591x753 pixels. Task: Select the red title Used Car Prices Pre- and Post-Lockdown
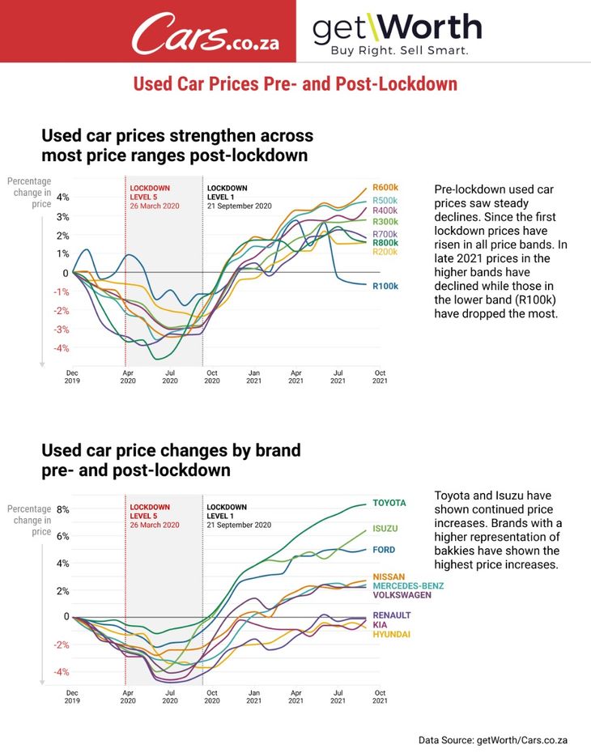pos(295,84)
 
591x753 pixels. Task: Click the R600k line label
pos(385,188)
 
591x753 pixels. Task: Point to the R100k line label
pos(385,286)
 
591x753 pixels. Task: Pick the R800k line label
pos(385,243)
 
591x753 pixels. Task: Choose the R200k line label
pos(385,253)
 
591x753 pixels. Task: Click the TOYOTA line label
pos(389,503)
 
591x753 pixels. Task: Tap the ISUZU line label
pos(385,529)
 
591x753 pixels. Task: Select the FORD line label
pos(384,551)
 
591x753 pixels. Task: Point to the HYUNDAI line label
pos(391,635)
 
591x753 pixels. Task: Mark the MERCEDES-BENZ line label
pos(408,585)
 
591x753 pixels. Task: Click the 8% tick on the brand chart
pos(63,510)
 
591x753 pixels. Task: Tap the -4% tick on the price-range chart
pos(62,348)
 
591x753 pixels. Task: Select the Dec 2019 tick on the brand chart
pos(72,697)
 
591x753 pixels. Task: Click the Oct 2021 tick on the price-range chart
pos(380,376)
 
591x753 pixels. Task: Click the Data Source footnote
pos(493,740)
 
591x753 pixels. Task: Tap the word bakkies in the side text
pos(456,551)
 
